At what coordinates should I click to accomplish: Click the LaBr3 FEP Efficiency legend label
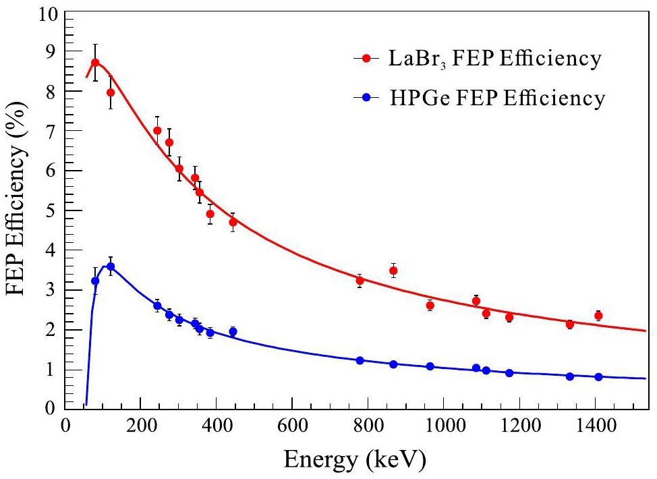click(493, 59)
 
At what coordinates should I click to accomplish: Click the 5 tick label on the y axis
click(49, 211)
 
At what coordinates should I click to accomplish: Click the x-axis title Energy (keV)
click(355, 460)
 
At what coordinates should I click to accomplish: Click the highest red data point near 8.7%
click(95, 63)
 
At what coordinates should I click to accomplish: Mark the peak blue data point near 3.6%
click(111, 266)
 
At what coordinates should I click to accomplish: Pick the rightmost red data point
click(598, 316)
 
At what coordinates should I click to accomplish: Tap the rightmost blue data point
click(598, 377)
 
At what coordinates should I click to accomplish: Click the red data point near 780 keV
click(360, 281)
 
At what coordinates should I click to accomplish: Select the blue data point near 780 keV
click(360, 361)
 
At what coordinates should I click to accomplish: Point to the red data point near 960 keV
click(430, 306)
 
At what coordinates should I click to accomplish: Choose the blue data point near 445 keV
click(233, 332)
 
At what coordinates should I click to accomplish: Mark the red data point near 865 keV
click(393, 271)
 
